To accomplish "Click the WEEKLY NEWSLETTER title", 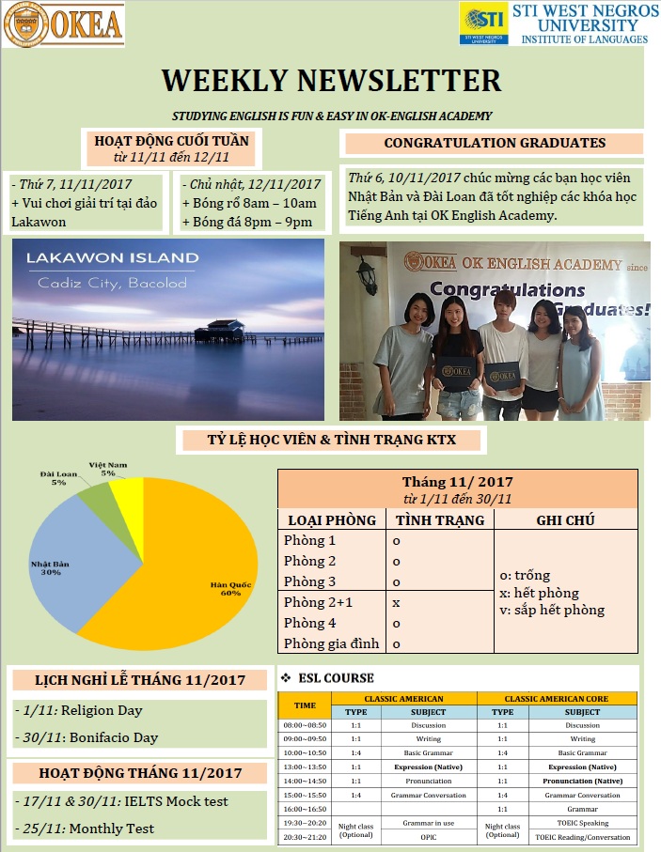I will pyautogui.click(x=331, y=80).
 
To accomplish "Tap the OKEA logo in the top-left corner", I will pyautogui.click(x=64, y=24).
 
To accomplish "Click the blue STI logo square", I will pyautogui.click(x=483, y=22).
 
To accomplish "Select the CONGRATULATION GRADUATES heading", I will pyautogui.click(x=495, y=144).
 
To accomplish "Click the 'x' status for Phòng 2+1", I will pyautogui.click(x=396, y=602).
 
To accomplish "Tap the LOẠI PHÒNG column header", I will pyautogui.click(x=332, y=519).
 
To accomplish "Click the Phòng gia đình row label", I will pyautogui.click(x=331, y=643).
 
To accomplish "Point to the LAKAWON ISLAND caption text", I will pyautogui.click(x=113, y=257).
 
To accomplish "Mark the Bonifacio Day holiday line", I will pyautogui.click(x=87, y=737).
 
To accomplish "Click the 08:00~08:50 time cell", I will pyautogui.click(x=305, y=725).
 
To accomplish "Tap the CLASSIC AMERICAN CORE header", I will pyautogui.click(x=557, y=699).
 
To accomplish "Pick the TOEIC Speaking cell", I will pyautogui.click(x=582, y=822).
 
